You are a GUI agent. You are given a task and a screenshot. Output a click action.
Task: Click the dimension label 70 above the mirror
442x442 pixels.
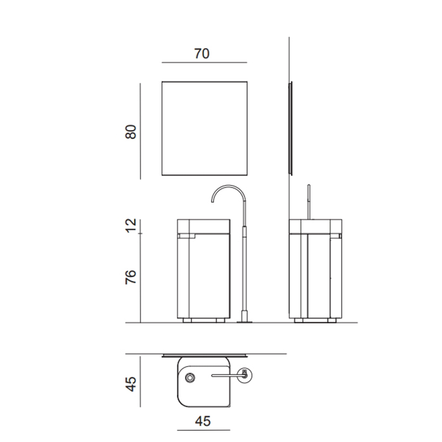(x=201, y=54)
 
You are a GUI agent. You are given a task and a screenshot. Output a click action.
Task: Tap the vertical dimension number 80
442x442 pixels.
(x=131, y=131)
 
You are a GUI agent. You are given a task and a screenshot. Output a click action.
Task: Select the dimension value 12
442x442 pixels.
(x=131, y=225)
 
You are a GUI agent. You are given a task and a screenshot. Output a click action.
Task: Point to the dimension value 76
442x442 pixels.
(x=131, y=277)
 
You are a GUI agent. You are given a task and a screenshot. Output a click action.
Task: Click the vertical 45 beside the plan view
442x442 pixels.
(x=131, y=384)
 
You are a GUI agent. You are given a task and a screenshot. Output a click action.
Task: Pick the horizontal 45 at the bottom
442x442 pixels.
(x=203, y=421)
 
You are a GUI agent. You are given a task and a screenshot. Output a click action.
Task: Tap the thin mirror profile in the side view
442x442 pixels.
(x=290, y=129)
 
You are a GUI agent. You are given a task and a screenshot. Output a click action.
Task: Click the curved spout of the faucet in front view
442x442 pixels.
(x=229, y=186)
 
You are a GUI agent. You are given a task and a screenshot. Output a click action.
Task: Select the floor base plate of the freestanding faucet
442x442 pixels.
(x=244, y=321)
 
